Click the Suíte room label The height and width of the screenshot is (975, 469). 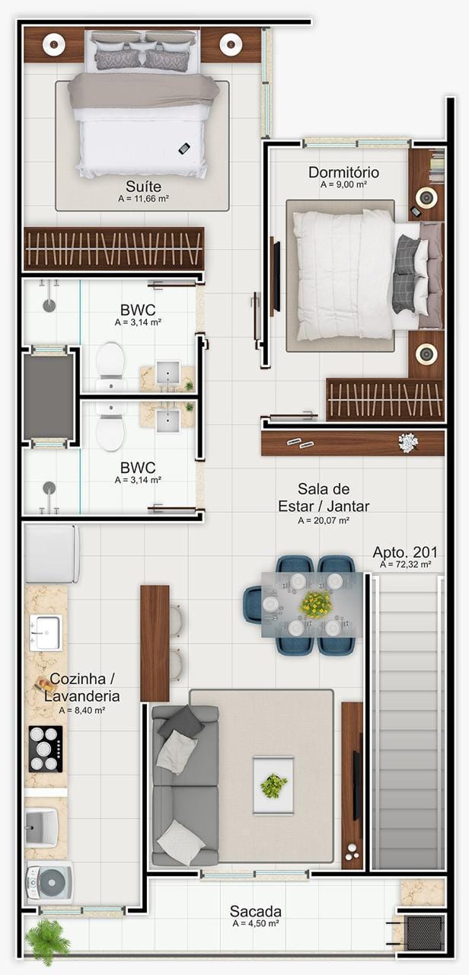coord(144,187)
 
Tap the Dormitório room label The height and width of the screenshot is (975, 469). coord(343,172)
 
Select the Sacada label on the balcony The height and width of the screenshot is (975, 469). coord(256,911)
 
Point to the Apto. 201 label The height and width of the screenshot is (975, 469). coord(405,552)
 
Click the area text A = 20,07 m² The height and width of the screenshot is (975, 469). coord(324,520)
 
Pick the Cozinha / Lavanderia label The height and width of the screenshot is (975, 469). coord(81,687)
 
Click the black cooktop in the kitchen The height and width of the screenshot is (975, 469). coord(45,749)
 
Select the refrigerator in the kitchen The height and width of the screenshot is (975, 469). coord(52,554)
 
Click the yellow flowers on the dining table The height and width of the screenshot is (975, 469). coord(316,604)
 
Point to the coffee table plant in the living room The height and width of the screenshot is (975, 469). coord(273,785)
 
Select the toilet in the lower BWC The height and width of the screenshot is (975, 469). coord(110,427)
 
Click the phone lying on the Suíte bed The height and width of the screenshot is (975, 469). coord(184,149)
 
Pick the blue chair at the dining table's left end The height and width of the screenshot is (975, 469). coord(254,605)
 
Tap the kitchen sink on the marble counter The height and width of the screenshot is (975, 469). coord(45,632)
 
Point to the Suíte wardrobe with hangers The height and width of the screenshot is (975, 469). coord(113,248)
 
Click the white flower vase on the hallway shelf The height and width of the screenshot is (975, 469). coord(408,443)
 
